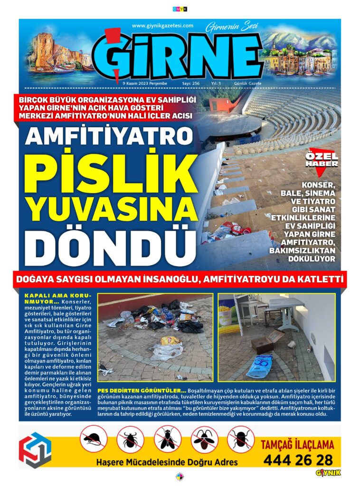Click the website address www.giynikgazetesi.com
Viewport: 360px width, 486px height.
(162, 26)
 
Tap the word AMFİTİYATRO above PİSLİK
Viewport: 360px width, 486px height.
(107, 137)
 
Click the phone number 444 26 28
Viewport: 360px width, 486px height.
(297, 460)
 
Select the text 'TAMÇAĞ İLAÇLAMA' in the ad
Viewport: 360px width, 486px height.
(297, 445)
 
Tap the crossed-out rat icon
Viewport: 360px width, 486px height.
(93, 439)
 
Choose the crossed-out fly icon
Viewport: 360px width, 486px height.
(167, 439)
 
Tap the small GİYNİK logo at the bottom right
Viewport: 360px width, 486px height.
(328, 473)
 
